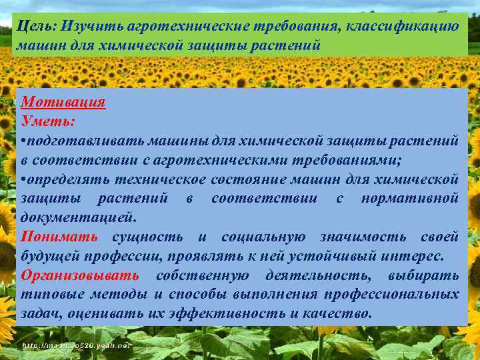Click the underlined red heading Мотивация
pos(63,103)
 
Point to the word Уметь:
pos(49,122)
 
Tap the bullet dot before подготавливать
pos(24,141)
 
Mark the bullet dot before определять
pos(24,179)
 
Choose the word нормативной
pos(409,199)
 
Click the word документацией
pos(78,218)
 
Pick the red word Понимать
pos(59,237)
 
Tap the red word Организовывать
pos(80,275)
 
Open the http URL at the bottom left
pos(77,346)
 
